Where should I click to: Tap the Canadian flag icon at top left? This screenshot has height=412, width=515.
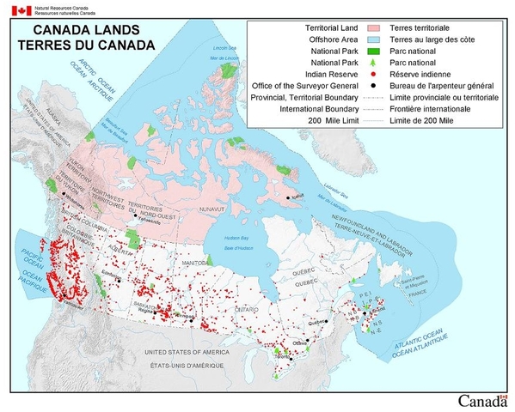[21, 10]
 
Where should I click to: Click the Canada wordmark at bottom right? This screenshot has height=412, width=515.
[483, 401]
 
